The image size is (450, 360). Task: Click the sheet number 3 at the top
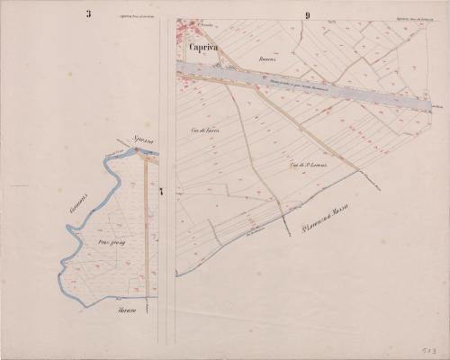click(x=88, y=13)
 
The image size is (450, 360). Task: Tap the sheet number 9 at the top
click(x=307, y=15)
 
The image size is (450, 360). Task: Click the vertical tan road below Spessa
click(x=147, y=225)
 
